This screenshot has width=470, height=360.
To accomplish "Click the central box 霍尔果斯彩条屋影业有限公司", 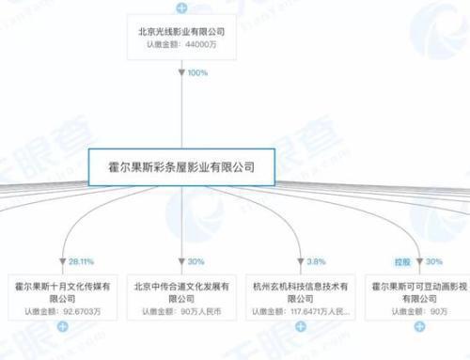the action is [174, 166].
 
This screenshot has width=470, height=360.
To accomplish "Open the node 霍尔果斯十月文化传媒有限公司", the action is [61, 286].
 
